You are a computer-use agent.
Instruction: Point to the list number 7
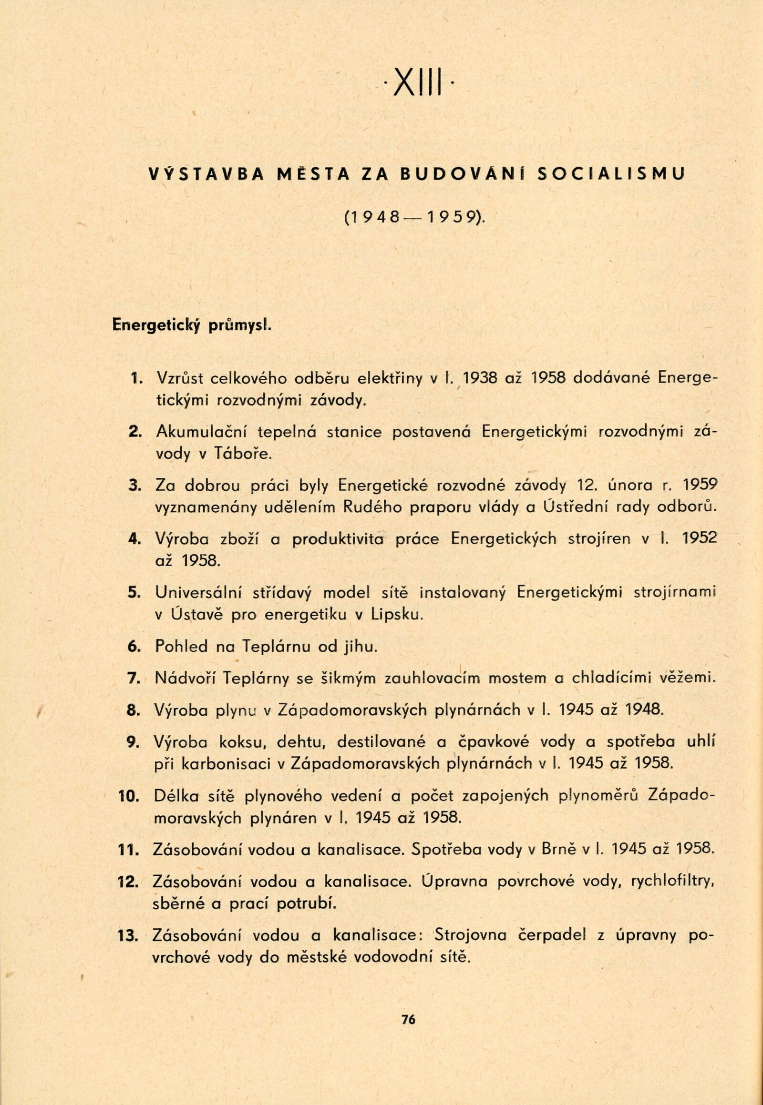click(134, 679)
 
